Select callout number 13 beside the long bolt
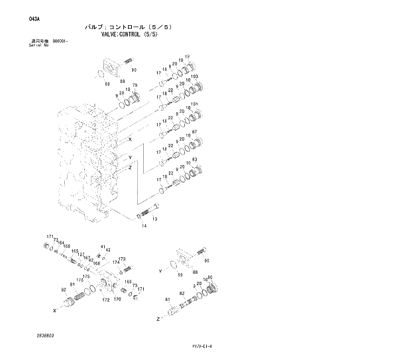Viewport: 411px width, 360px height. (x=154, y=219)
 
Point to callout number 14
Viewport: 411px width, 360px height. (x=143, y=226)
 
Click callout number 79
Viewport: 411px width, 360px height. (x=135, y=86)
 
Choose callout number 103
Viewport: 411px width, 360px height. (x=194, y=78)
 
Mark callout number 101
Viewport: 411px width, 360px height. (x=194, y=104)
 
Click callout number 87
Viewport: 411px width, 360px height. (x=195, y=132)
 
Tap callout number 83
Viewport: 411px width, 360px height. (x=195, y=159)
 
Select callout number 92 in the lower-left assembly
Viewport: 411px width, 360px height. (x=63, y=290)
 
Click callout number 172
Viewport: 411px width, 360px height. (x=105, y=300)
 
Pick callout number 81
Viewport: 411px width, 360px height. (x=168, y=299)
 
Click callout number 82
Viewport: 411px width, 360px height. (x=182, y=293)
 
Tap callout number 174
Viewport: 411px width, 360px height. (x=115, y=263)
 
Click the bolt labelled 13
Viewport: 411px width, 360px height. (x=147, y=214)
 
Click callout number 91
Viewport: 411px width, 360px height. (x=72, y=285)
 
